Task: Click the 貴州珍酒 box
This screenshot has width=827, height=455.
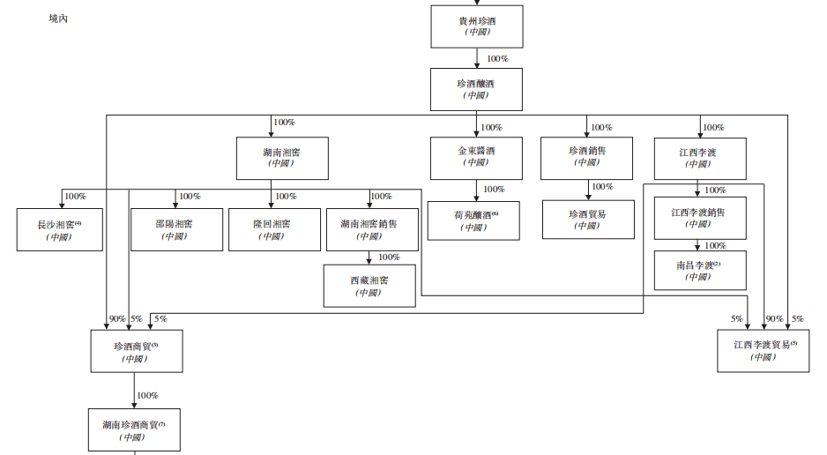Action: coord(477,26)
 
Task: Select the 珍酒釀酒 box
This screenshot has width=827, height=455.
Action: coord(477,89)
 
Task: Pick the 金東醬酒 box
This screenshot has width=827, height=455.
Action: coord(476,157)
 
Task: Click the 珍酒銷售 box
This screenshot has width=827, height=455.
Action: coord(587,157)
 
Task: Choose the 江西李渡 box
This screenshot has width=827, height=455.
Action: coord(700,159)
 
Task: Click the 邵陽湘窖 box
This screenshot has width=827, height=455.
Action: coord(176,230)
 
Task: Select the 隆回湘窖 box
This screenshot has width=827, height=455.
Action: coord(273,230)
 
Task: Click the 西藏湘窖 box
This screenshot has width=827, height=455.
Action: coord(369,286)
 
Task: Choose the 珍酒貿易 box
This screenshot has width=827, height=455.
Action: coord(587,220)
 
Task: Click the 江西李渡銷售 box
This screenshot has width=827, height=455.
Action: coord(699,218)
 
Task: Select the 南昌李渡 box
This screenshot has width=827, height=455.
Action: coord(699,271)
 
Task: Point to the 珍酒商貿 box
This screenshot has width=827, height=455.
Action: coord(135,352)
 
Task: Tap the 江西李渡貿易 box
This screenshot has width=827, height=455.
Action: coord(764,350)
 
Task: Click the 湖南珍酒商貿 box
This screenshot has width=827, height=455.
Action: coord(134,430)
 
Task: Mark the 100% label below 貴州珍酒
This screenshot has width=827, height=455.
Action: coord(498,59)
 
